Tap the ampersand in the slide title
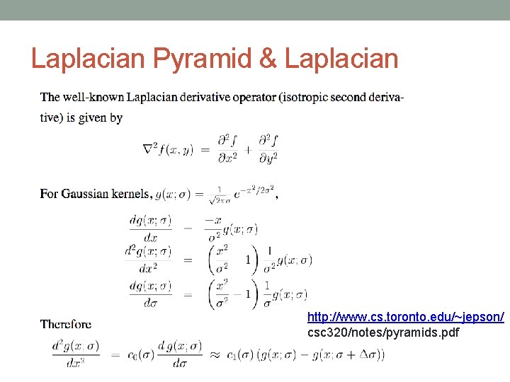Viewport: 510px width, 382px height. click(268, 58)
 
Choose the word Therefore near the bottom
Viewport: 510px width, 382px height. click(66, 324)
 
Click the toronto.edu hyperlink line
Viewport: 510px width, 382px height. click(406, 318)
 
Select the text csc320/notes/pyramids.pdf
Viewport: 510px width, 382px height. click(383, 332)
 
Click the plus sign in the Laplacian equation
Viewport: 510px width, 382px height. click(248, 149)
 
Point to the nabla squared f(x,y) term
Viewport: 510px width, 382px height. click(169, 149)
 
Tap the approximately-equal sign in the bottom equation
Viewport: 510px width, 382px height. click(215, 354)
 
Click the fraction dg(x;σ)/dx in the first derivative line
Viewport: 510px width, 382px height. click(149, 228)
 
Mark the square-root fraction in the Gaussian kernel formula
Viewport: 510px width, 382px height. click(220, 194)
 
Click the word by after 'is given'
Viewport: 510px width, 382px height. click(115, 117)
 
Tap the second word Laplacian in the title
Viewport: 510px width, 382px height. click(341, 58)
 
